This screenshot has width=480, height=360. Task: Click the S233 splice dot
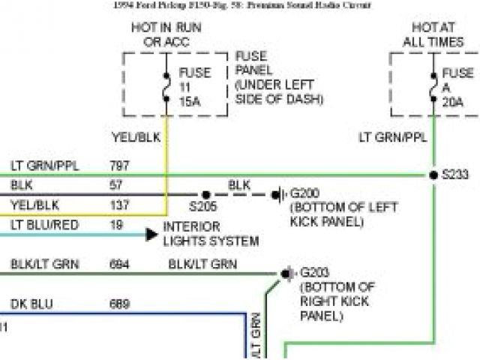click(x=433, y=175)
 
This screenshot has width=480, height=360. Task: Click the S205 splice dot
click(x=204, y=193)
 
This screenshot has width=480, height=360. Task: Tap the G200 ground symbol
click(x=277, y=193)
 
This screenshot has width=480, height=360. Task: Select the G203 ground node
click(x=286, y=273)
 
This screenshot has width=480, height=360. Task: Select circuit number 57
click(x=116, y=184)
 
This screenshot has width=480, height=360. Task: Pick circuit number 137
click(x=120, y=204)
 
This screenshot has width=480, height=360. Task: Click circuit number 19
click(x=116, y=223)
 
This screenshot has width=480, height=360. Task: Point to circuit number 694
click(x=120, y=264)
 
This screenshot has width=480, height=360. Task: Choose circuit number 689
click(x=120, y=304)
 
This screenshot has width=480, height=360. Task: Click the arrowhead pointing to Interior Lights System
click(x=151, y=234)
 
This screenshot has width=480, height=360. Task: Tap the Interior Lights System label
click(x=210, y=234)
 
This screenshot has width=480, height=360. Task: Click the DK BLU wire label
click(x=30, y=304)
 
